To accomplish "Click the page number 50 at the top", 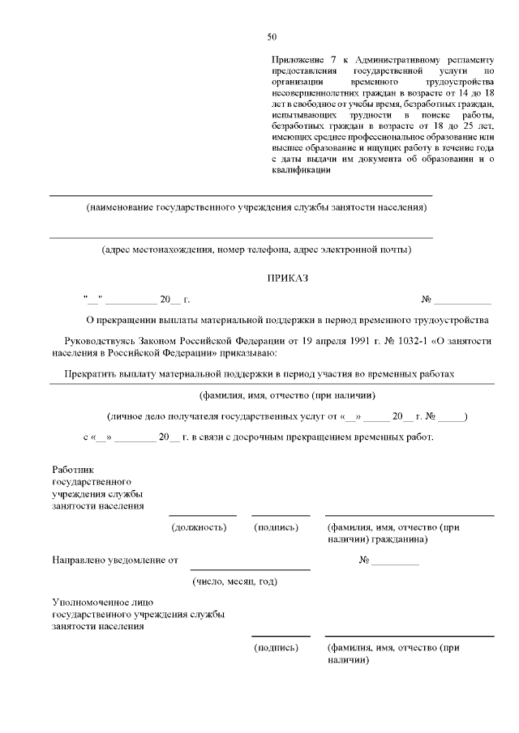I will coord(272,37).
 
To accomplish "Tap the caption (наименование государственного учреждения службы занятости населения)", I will coord(256,207).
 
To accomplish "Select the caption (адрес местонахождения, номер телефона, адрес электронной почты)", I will coord(256,249).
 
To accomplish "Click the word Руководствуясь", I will coord(109,342).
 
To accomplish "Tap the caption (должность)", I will coord(199,527).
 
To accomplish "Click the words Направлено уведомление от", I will coord(114,560).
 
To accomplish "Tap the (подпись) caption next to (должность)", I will coord(277,527).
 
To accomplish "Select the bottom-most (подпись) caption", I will coord(277,649).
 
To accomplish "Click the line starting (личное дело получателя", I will coord(281,416).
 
